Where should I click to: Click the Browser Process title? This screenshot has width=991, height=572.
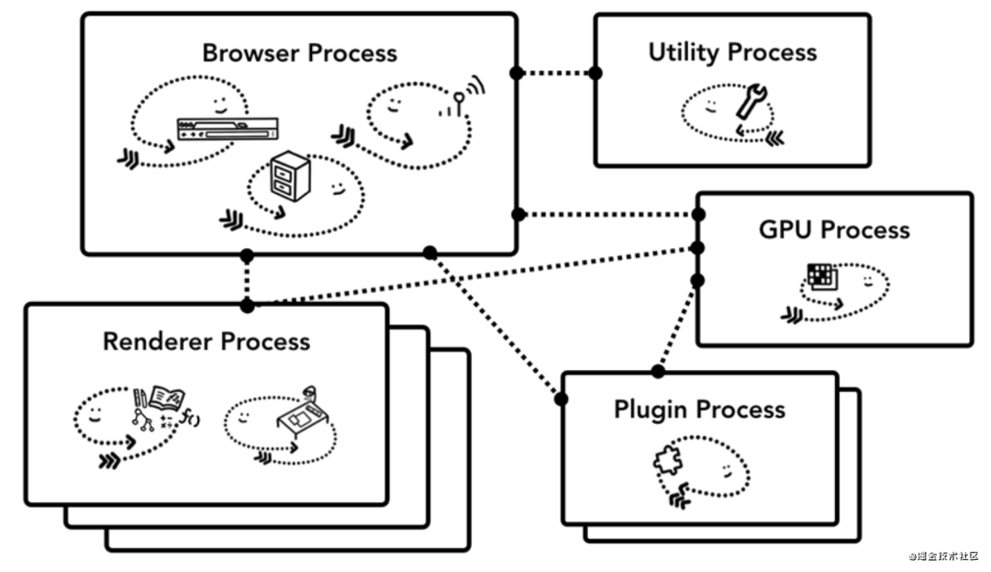tap(299, 53)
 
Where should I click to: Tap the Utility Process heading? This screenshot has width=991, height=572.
tap(732, 52)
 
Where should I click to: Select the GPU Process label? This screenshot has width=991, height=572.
tap(834, 230)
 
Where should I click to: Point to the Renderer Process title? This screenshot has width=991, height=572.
tap(206, 342)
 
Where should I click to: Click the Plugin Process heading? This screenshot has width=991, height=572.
tap(699, 409)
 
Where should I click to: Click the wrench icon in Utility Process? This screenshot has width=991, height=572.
tap(750, 101)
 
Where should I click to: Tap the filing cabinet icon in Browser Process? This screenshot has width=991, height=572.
tap(291, 177)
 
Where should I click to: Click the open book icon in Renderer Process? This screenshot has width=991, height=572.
tap(163, 399)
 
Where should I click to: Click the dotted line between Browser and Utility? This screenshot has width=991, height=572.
tap(556, 73)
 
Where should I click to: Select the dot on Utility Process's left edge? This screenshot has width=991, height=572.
tap(596, 73)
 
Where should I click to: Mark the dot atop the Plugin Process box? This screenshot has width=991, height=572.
tap(658, 372)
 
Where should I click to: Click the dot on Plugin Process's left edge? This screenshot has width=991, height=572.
tap(562, 398)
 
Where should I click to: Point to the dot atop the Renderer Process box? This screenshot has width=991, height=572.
tap(246, 304)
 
